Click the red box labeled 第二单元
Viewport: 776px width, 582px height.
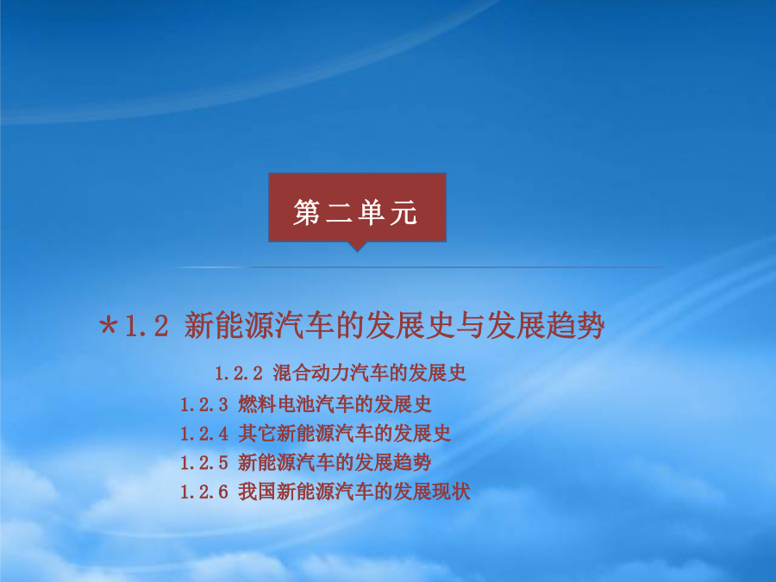click(x=357, y=207)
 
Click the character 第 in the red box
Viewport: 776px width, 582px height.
click(x=307, y=213)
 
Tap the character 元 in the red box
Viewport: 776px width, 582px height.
click(x=404, y=213)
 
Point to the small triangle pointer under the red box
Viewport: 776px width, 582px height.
click(x=357, y=247)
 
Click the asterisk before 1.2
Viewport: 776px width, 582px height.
click(x=109, y=326)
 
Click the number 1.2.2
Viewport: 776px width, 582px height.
click(x=239, y=373)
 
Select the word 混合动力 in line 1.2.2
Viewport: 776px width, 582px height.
click(x=310, y=372)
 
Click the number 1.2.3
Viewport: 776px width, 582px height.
click(x=203, y=405)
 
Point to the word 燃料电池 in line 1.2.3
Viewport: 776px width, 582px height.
click(x=276, y=404)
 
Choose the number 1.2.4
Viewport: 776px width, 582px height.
click(x=203, y=434)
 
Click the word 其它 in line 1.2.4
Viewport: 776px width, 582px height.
click(x=257, y=434)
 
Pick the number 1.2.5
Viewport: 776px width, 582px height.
click(x=203, y=463)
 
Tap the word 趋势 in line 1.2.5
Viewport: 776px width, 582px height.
click(x=412, y=463)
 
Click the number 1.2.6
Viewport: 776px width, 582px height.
click(x=203, y=492)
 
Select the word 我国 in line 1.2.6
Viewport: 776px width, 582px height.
click(x=257, y=491)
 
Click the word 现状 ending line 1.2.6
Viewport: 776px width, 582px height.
click(x=451, y=491)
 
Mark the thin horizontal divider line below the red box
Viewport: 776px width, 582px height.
click(x=420, y=267)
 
